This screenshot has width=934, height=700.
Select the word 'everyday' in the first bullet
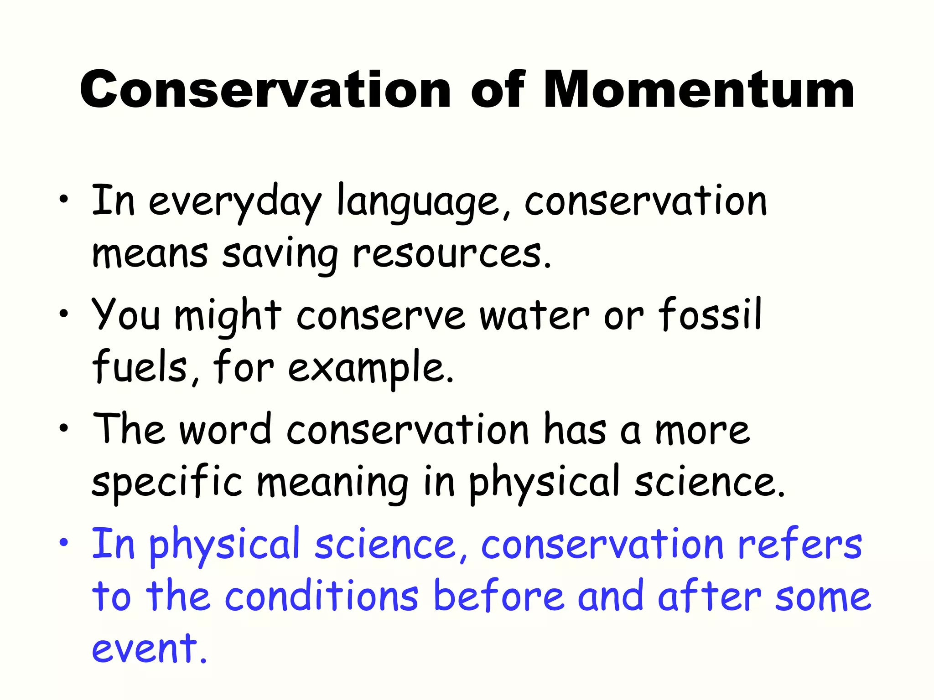pyautogui.click(x=235, y=203)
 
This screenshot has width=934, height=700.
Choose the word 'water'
pyautogui.click(x=534, y=316)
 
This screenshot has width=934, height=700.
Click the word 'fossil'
pyautogui.click(x=710, y=314)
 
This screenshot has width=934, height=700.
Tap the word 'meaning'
pyautogui.click(x=332, y=484)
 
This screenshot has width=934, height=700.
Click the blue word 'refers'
pyautogui.click(x=799, y=544)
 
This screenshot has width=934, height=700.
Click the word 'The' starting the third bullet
pyautogui.click(x=128, y=429)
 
